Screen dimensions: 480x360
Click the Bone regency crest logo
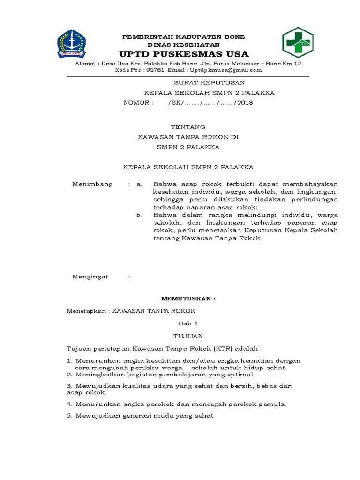point(72,44)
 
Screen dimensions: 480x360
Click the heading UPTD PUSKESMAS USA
point(184,54)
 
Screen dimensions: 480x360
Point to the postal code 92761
point(155,70)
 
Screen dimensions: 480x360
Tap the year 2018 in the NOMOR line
point(245,103)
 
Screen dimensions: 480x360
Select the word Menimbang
point(92,184)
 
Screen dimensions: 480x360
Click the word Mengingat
point(90,277)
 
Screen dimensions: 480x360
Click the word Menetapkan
point(87,311)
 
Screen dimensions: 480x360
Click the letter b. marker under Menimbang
point(139,215)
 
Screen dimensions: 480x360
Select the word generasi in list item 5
point(141,416)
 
